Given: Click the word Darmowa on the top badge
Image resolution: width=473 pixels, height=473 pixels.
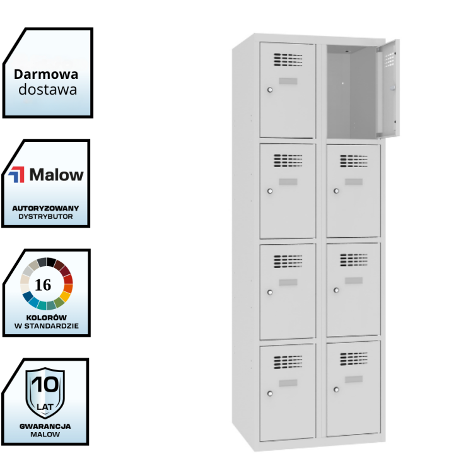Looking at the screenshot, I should click(47, 74).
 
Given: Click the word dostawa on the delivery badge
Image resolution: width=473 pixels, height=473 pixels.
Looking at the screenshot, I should click(47, 90).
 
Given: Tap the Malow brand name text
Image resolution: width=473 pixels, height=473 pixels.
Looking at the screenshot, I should click(56, 175).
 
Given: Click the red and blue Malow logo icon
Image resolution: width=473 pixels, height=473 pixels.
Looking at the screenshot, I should click(16, 175).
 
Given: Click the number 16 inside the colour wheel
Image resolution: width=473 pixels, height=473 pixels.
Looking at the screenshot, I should click(43, 284).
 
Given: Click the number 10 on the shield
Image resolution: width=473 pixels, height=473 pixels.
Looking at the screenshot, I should click(44, 384).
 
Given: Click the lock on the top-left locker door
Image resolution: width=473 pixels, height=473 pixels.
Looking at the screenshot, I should click(270, 90).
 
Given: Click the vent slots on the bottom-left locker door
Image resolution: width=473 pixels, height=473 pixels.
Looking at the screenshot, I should click(288, 361).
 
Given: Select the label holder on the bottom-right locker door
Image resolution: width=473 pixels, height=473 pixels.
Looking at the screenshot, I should click(354, 379).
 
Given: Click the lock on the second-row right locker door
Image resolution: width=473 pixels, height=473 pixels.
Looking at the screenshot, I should click(336, 190).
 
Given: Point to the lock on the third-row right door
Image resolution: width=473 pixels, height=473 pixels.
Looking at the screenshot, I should click(336, 290).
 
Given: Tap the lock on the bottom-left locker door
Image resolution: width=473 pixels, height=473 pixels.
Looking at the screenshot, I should click(270, 394).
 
